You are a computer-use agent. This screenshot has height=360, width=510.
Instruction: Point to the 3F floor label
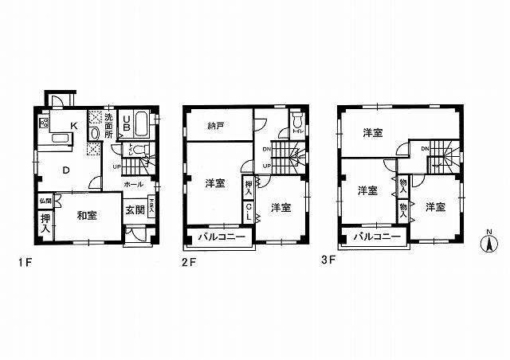(328, 260)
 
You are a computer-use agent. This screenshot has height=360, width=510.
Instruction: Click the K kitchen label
(73, 125)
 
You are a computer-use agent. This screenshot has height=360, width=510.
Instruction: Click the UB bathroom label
(126, 126)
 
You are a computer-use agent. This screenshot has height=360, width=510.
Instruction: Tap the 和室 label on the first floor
(87, 214)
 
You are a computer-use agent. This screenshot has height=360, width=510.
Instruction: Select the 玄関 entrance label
(134, 209)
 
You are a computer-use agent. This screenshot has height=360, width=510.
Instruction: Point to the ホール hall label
(133, 184)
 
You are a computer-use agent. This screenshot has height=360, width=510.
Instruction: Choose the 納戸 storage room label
(215, 125)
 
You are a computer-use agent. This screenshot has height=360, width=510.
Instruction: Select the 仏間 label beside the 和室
(45, 201)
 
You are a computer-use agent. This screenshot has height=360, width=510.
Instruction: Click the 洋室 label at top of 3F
(372, 132)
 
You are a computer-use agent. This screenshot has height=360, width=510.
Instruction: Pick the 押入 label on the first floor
(45, 222)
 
